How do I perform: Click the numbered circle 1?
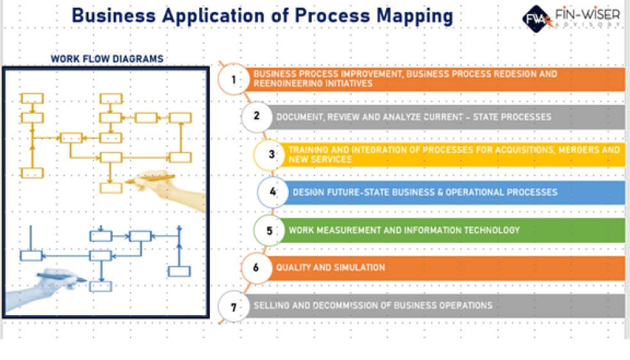tap(234, 79)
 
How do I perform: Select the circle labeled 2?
tap(257, 117)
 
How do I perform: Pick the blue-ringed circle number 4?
tap(273, 192)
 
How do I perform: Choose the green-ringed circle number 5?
tap(270, 230)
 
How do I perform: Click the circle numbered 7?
tap(234, 306)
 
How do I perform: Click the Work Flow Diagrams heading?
tap(107, 59)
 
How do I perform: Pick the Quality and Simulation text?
tap(330, 267)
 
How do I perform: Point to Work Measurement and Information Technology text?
tap(404, 230)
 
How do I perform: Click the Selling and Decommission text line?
tap(373, 306)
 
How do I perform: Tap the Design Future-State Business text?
tap(424, 192)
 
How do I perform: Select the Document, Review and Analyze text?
tap(413, 117)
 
